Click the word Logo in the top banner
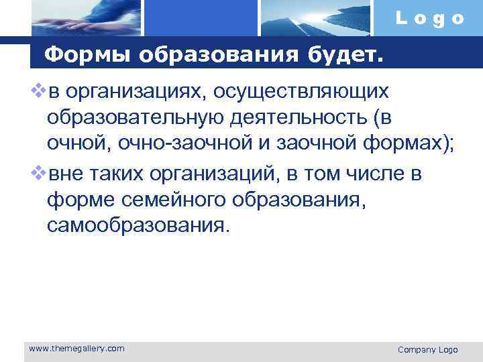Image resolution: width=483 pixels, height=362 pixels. click(430, 19)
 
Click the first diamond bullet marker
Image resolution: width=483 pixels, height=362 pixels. click(38, 88)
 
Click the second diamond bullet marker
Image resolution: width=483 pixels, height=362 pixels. click(38, 172)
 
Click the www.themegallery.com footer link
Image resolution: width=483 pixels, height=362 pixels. click(76, 348)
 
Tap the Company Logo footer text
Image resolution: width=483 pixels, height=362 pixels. click(427, 349)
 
